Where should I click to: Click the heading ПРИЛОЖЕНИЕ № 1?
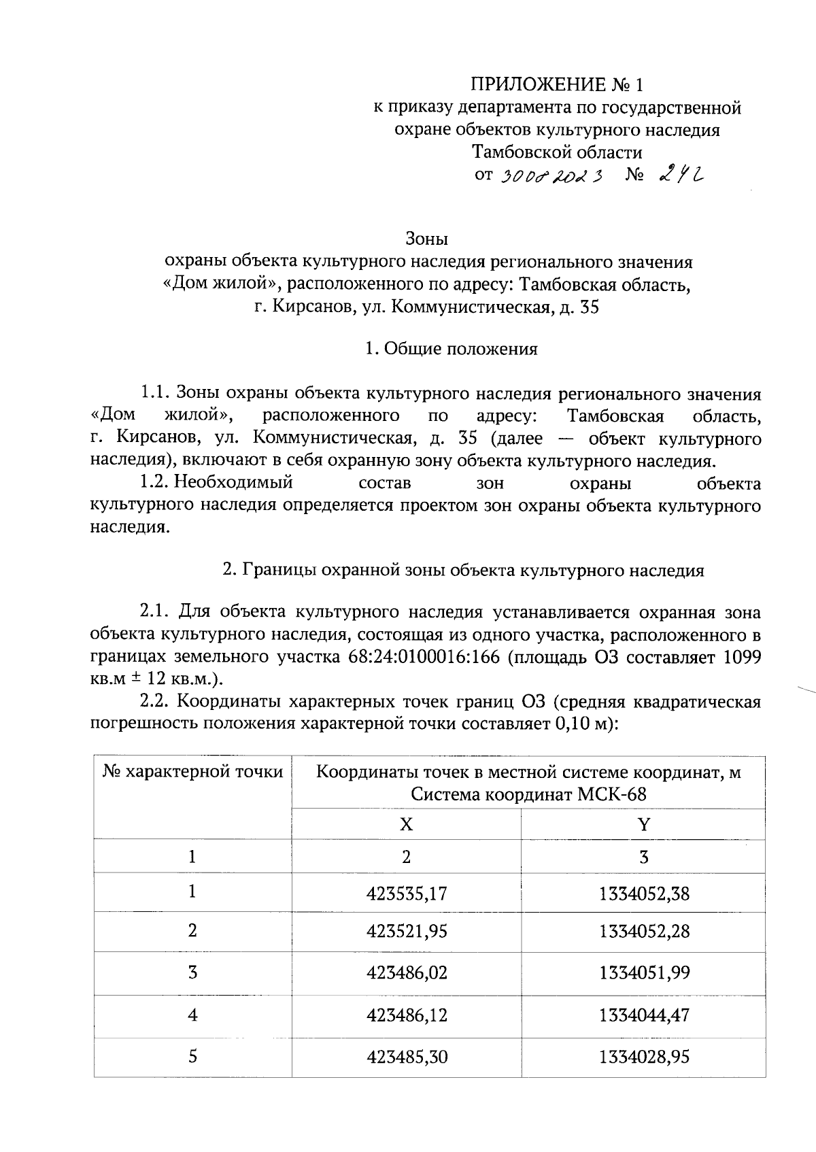click(556, 85)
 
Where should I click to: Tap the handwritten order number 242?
click(680, 175)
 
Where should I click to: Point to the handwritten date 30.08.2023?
click(552, 177)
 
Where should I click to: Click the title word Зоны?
click(426, 239)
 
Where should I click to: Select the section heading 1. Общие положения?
click(451, 350)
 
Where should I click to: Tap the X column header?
click(406, 824)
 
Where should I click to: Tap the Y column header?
click(643, 824)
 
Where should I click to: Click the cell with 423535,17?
click(406, 893)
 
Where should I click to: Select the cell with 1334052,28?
click(643, 931)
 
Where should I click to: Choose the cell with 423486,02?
click(406, 973)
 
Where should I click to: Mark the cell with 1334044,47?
click(643, 1015)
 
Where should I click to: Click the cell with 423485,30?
click(406, 1057)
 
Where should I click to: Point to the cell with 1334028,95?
click(643, 1057)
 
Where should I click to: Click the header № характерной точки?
click(192, 772)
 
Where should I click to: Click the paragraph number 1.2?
click(154, 483)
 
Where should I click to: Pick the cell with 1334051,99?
click(643, 973)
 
